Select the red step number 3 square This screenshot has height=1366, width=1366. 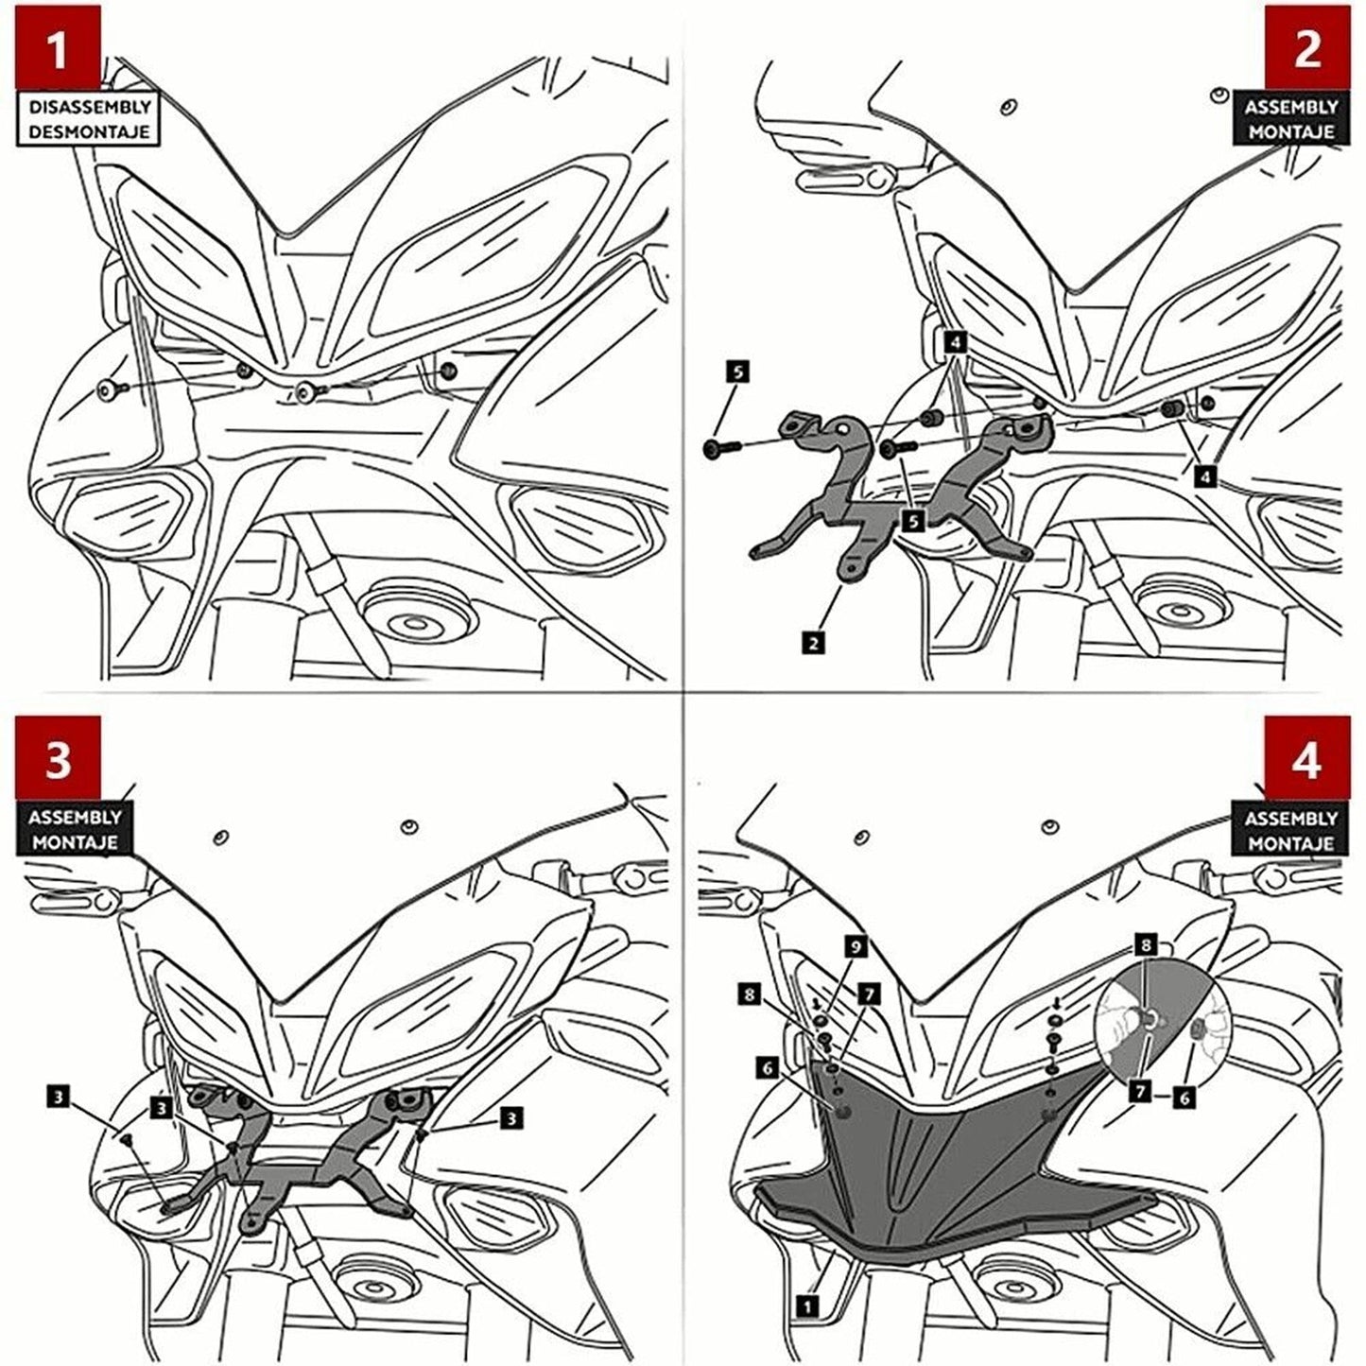[58, 758]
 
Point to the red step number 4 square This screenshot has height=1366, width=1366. [1307, 759]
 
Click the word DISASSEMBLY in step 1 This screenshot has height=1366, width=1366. [89, 108]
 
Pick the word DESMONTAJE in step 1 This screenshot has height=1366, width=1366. [89, 131]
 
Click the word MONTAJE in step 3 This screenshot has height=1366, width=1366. [74, 840]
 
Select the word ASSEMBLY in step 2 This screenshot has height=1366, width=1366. [1290, 108]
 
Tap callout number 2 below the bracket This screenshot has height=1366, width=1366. [811, 643]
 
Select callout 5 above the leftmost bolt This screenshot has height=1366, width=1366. [737, 372]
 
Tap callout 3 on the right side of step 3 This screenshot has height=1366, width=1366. [510, 1118]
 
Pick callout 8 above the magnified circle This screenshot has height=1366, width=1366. [1145, 943]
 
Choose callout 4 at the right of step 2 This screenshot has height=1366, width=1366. [1204, 477]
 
